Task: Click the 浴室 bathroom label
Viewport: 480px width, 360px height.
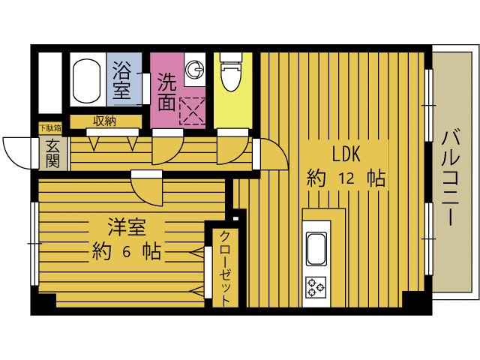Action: pyautogui.click(x=121, y=82)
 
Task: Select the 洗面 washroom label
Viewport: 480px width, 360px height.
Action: pyautogui.click(x=166, y=90)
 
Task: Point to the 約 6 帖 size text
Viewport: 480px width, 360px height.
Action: pyautogui.click(x=125, y=251)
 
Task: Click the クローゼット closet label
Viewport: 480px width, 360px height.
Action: pyautogui.click(x=225, y=267)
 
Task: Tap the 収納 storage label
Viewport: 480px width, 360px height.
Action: pyautogui.click(x=104, y=121)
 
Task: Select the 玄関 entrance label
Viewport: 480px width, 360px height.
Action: pyautogui.click(x=52, y=153)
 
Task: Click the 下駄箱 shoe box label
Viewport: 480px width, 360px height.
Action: pyautogui.click(x=51, y=129)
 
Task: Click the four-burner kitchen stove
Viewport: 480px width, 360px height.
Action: pyautogui.click(x=315, y=286)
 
